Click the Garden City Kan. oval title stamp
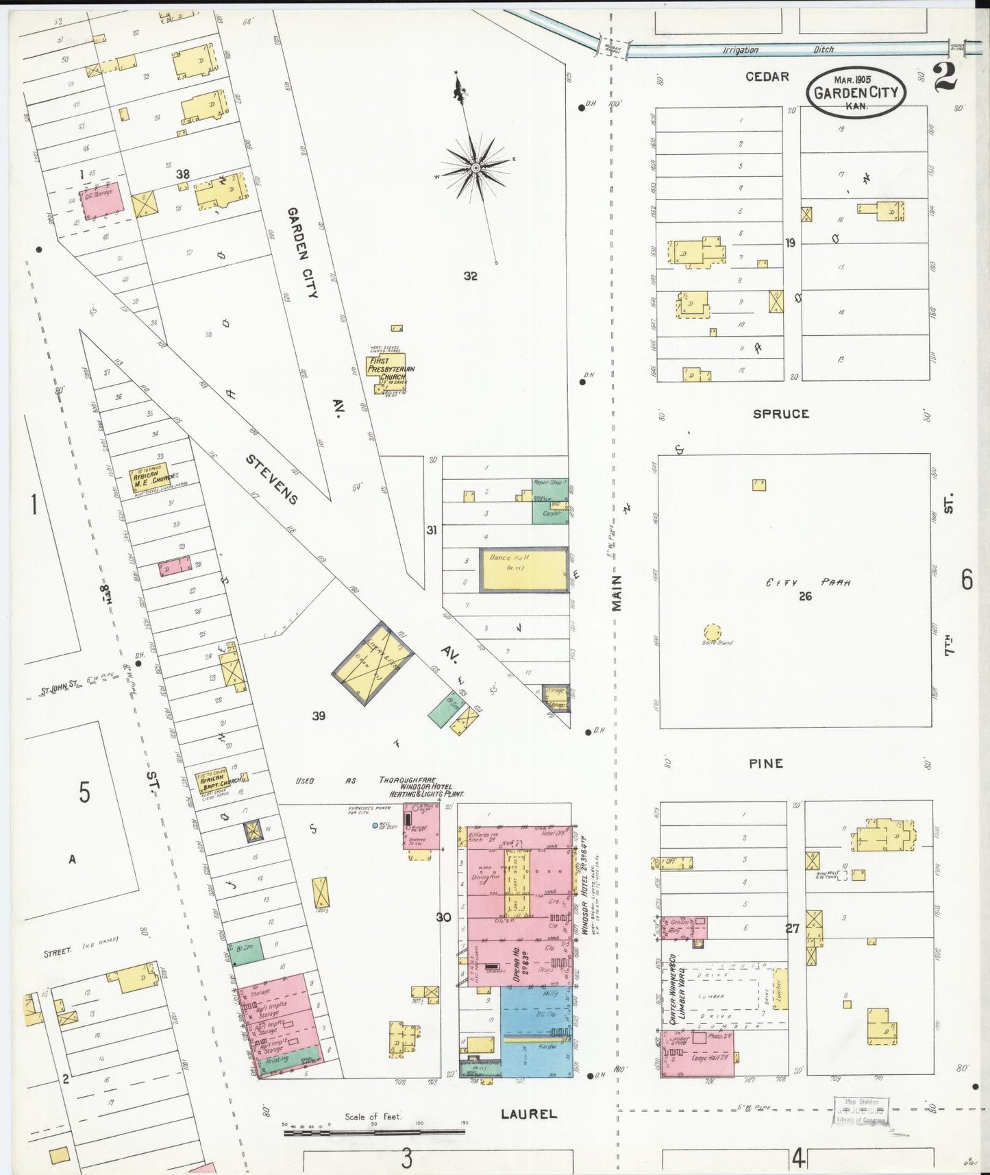click(x=856, y=92)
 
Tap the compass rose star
click(x=475, y=167)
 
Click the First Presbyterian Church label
click(x=391, y=369)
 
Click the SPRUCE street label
click(x=780, y=414)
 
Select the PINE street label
click(x=766, y=764)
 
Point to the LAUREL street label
click(x=528, y=1114)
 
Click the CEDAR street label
click(x=767, y=77)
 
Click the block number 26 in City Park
click(x=805, y=596)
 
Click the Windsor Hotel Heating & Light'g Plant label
click(x=421, y=787)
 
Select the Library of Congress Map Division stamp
click(x=861, y=1111)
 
